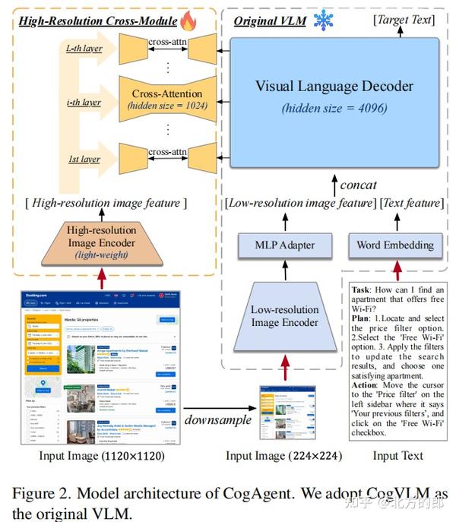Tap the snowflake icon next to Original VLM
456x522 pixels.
pos(324,19)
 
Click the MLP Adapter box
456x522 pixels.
pos(285,245)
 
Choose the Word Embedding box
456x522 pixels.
pos(395,245)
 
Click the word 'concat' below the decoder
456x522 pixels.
pos(358,185)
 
